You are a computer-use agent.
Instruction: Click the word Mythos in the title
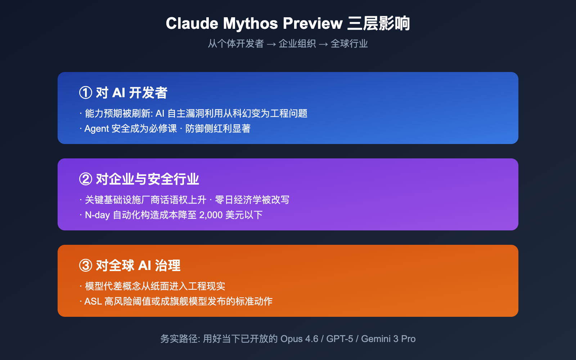tap(250, 24)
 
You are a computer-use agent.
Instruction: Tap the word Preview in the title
tap(312, 24)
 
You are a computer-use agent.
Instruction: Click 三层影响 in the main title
tap(378, 24)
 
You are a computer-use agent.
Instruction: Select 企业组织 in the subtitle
tap(297, 44)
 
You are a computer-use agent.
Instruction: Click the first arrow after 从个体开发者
tap(271, 44)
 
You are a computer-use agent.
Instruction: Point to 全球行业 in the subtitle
tap(349, 44)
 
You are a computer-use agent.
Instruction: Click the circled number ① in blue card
tap(86, 93)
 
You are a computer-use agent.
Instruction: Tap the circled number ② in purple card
tap(86, 179)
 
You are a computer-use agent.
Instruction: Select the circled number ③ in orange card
tap(86, 266)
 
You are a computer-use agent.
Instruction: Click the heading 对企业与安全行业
tap(147, 179)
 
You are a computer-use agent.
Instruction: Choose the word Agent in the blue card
tap(96, 129)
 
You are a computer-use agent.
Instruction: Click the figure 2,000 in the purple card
tap(211, 215)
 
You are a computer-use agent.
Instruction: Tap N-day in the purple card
tap(97, 215)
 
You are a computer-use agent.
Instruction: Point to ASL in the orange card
tap(93, 301)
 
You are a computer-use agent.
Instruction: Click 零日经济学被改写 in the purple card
tap(252, 200)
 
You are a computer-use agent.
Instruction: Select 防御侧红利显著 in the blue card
tap(218, 129)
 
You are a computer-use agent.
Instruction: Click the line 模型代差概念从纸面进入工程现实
tap(155, 286)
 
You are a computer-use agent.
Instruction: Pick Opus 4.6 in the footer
tap(299, 339)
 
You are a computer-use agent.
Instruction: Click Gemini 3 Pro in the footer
tap(388, 339)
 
